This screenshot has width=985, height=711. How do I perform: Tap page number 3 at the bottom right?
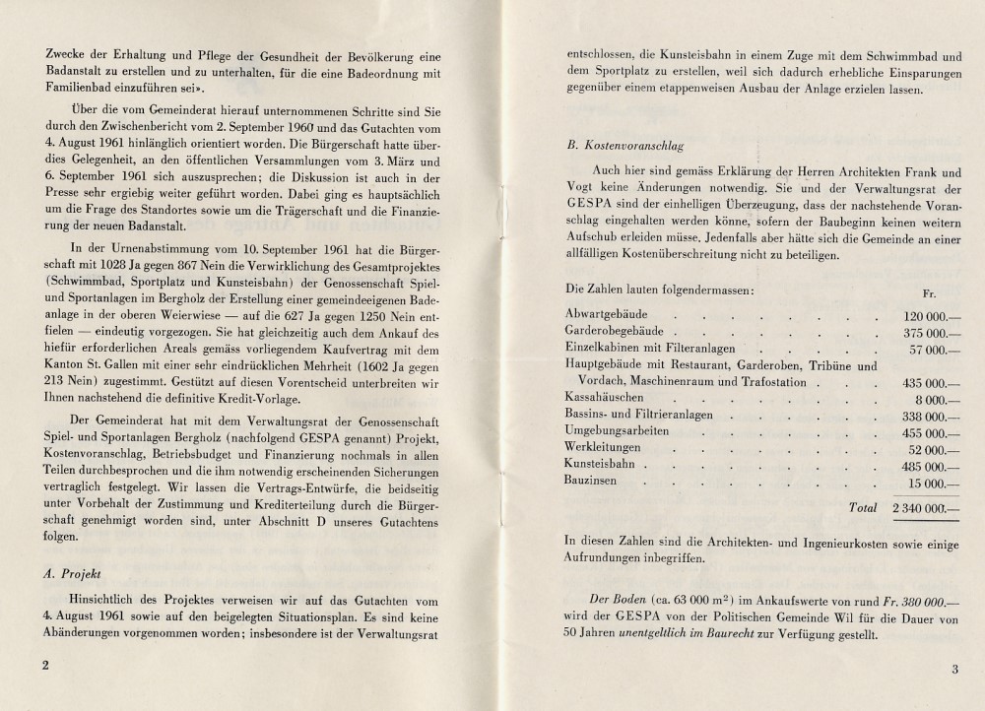pos(954,671)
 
